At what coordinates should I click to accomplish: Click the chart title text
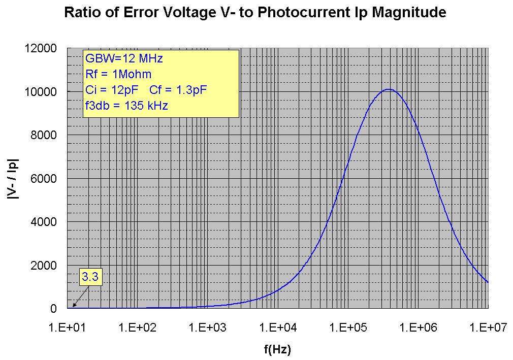(x=255, y=13)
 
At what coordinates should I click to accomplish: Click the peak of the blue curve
(x=389, y=89)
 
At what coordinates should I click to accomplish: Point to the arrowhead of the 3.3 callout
(x=74, y=306)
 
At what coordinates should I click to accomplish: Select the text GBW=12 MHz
(x=124, y=59)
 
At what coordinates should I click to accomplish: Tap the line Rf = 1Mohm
(x=118, y=75)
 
